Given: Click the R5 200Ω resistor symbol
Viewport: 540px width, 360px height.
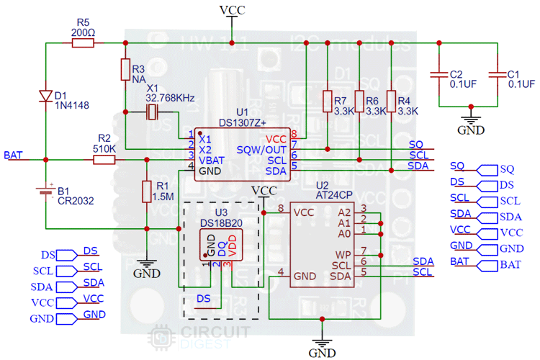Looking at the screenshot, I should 84,43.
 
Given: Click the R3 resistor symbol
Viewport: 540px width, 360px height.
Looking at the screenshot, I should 125,70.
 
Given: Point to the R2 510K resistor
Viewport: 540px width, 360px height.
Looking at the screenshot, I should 104,159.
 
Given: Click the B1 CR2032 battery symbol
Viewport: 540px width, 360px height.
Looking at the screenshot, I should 45,192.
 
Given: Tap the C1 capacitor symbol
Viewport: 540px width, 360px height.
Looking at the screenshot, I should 498,74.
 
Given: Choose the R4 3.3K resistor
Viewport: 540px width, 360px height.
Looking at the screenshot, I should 390,102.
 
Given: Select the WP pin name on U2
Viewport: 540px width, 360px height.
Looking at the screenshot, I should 343,255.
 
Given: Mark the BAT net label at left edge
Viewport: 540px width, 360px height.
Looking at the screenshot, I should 12,155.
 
